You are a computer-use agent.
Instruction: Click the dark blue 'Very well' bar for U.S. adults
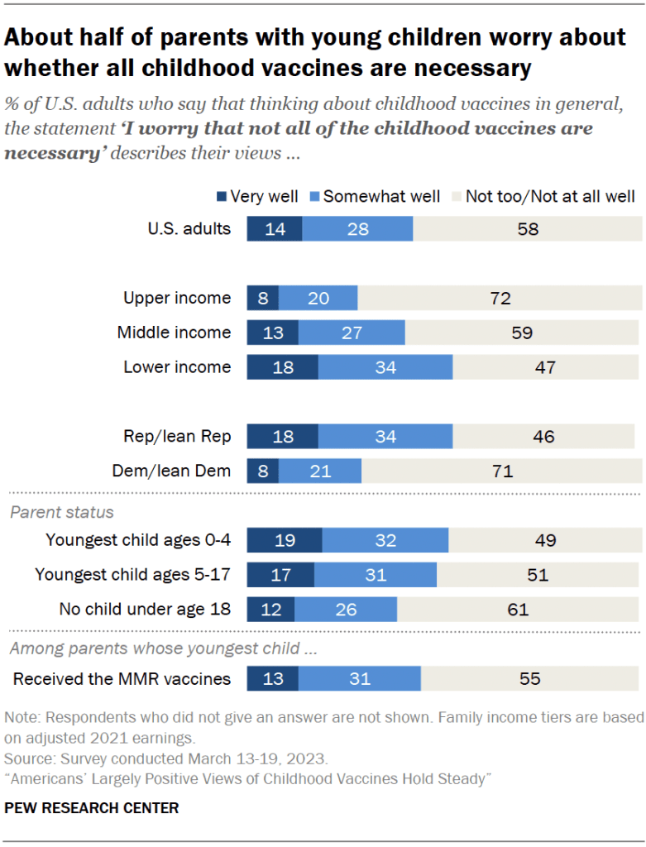(275, 228)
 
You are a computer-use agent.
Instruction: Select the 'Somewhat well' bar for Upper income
(318, 298)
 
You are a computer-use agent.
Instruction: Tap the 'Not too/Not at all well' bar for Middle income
(522, 333)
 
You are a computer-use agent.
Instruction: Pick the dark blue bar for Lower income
(282, 367)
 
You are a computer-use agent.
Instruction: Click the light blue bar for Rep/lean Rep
(385, 437)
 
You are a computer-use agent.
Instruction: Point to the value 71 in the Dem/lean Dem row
(502, 471)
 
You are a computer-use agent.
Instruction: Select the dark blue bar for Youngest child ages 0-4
(285, 540)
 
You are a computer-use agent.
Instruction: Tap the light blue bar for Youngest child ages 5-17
(376, 575)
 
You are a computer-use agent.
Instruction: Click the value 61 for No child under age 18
(518, 610)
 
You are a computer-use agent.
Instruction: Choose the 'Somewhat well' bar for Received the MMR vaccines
(360, 679)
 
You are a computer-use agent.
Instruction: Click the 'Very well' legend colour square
(221, 196)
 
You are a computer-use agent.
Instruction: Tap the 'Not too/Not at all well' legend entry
(549, 196)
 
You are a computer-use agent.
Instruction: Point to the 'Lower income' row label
(177, 367)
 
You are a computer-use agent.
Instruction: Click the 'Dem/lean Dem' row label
(171, 471)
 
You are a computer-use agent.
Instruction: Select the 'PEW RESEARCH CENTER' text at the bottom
(91, 807)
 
